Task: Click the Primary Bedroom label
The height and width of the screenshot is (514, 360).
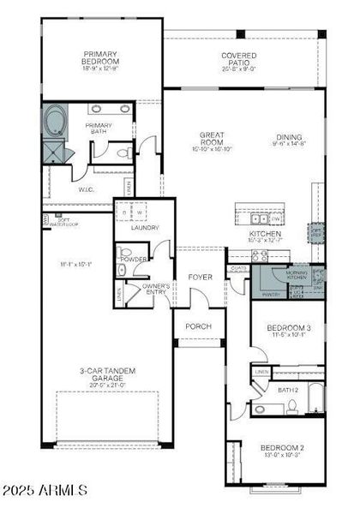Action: point(100,57)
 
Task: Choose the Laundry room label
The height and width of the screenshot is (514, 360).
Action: point(141,228)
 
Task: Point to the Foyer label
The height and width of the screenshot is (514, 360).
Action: point(200,278)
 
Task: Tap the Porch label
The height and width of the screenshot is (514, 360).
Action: point(199,326)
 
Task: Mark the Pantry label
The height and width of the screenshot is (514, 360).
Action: point(272,294)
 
